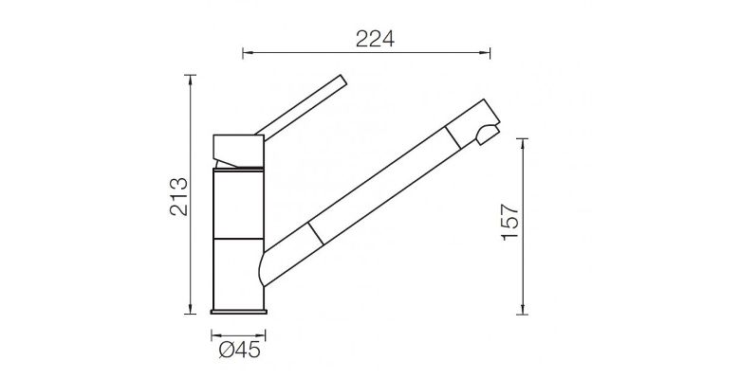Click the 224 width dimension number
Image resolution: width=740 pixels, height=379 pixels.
(374, 38)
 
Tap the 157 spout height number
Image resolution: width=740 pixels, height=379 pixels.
(509, 224)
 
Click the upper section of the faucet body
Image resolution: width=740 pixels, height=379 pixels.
(238, 201)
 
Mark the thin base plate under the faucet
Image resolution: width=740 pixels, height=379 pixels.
(238, 312)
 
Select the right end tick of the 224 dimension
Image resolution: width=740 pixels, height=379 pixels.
(487, 53)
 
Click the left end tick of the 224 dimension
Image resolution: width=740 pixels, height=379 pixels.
(244, 53)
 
